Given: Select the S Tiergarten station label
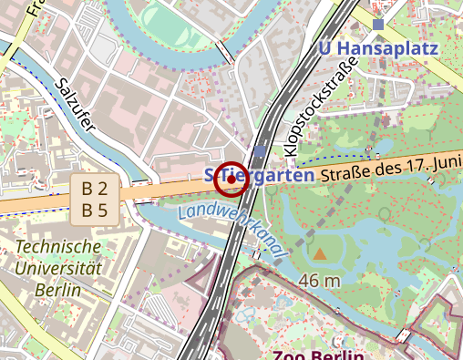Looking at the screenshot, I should (259, 173).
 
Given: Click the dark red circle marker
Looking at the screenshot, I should (231, 179).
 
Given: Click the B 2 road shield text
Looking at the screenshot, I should (95, 190).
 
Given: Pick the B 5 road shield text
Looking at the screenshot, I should (95, 211).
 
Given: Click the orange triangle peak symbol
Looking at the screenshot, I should (320, 252).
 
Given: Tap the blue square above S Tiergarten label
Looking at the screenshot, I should (262, 151).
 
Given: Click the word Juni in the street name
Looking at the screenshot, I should (445, 159).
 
